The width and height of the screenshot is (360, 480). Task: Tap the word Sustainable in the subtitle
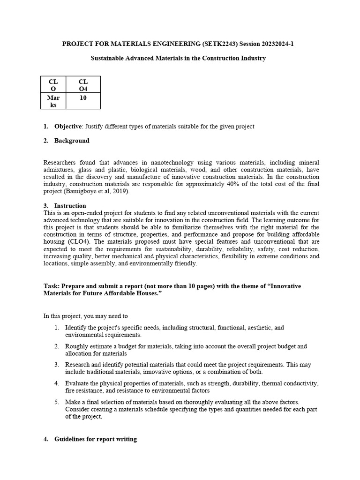[x=109, y=58]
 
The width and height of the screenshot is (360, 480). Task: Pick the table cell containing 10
[x=83, y=98]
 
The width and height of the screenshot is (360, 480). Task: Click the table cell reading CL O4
[x=83, y=85]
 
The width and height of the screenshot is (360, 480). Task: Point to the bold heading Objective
[x=68, y=127]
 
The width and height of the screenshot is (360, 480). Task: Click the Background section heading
[x=72, y=141]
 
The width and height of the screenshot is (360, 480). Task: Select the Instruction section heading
[x=70, y=205]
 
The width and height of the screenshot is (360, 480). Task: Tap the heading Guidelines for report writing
[x=96, y=439]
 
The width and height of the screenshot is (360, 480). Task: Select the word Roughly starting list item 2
[x=76, y=346]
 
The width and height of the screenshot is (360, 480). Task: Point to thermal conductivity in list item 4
[x=291, y=383]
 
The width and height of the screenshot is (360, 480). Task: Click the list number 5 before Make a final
[x=56, y=402]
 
